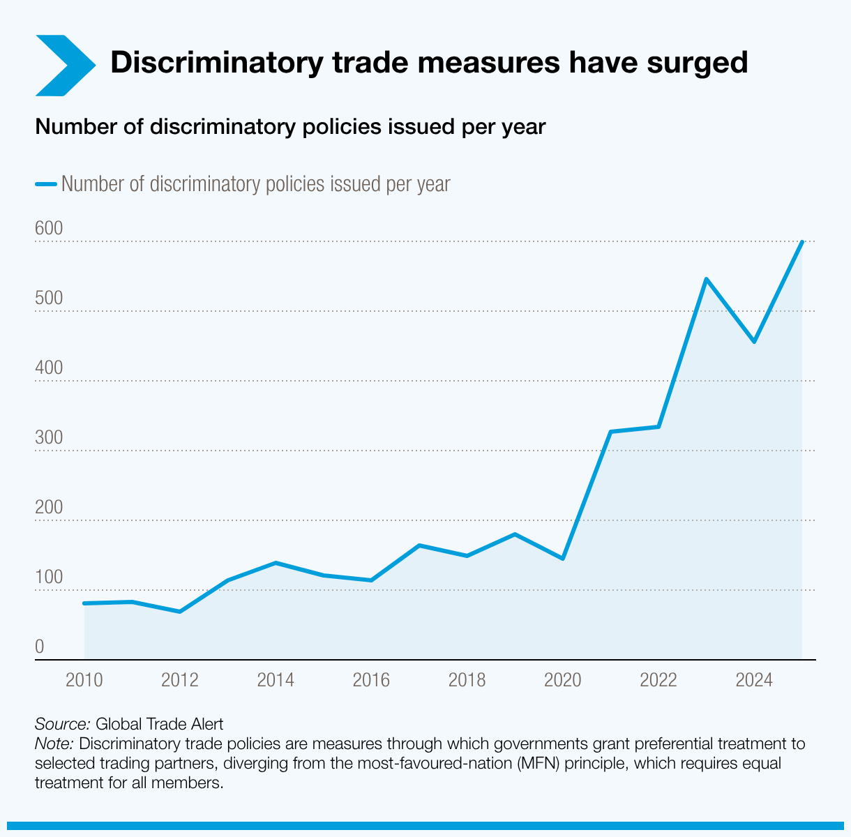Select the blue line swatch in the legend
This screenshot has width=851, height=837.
(x=45, y=184)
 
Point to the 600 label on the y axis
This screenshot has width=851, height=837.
(x=49, y=229)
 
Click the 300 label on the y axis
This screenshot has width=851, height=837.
(x=49, y=438)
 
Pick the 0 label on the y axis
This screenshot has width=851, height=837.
(x=40, y=647)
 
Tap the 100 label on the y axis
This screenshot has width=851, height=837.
(x=49, y=578)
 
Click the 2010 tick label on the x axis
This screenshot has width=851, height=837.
(x=84, y=680)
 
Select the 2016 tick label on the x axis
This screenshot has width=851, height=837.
(x=371, y=680)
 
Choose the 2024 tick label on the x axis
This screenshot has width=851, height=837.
(x=754, y=680)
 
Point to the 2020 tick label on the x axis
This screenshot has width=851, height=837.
(x=562, y=680)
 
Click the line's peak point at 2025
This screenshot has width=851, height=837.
(x=802, y=242)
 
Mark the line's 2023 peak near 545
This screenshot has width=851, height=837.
(x=706, y=279)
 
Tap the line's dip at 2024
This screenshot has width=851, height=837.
(x=754, y=342)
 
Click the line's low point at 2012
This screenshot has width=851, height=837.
(x=180, y=612)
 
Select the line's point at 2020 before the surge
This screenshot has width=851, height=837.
(x=562, y=559)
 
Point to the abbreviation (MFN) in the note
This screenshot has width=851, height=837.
(x=539, y=763)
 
